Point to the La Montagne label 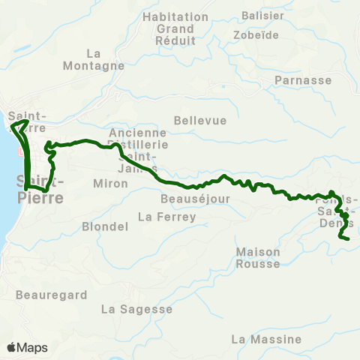pyautogui.click(x=105, y=59)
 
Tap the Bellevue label pyautogui.click(x=195, y=120)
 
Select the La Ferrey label pyautogui.click(x=166, y=217)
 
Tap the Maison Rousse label pyautogui.click(x=257, y=257)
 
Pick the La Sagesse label pyautogui.click(x=136, y=309)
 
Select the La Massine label pyautogui.click(x=266, y=339)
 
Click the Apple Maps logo pyautogui.click(x=27, y=347)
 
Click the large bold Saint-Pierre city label pyautogui.click(x=39, y=189)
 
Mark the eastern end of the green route pyautogui.click(x=349, y=238)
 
